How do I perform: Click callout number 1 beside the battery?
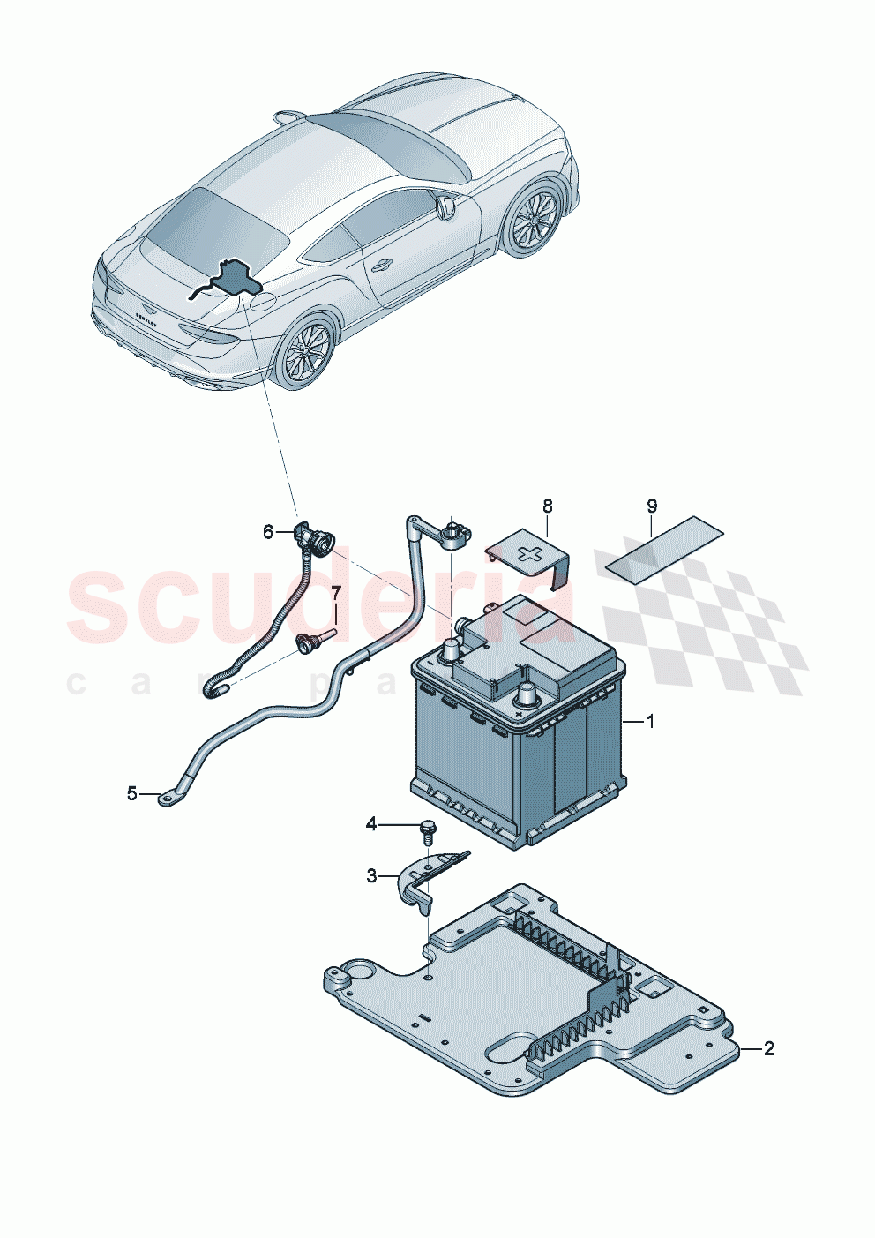click(650, 722)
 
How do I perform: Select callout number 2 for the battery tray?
click(768, 1048)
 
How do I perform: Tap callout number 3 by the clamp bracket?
click(372, 875)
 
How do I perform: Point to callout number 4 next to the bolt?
click(371, 824)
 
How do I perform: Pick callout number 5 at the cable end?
click(132, 793)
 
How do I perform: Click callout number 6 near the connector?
click(268, 531)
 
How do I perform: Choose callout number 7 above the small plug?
click(335, 591)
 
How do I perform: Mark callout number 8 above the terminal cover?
click(548, 506)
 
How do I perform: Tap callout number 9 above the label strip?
click(652, 506)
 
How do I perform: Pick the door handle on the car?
click(382, 264)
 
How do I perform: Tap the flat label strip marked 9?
click(660, 549)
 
